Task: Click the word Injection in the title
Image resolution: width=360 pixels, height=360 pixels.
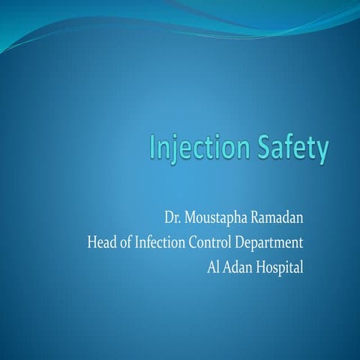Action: pyautogui.click(x=195, y=148)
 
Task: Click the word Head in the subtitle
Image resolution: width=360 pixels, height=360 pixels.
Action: pyautogui.click(x=101, y=243)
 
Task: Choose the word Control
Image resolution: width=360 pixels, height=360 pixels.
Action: pyautogui.click(x=212, y=243)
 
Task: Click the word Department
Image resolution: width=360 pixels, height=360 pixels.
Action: pyautogui.click(x=270, y=244)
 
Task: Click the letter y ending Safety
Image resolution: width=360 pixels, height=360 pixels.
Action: pyautogui.click(x=321, y=151)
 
